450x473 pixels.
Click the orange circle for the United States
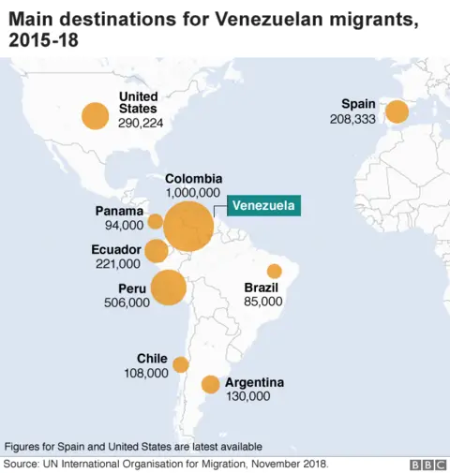[x=95, y=115]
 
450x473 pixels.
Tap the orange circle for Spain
[x=397, y=111]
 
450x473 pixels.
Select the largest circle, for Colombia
[x=187, y=226]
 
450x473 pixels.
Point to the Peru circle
[x=168, y=288]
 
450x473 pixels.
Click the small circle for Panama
[x=155, y=221]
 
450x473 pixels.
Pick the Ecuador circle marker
[x=157, y=250]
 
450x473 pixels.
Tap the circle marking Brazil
[x=274, y=271]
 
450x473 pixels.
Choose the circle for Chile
[x=180, y=364]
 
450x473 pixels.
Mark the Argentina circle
[x=210, y=384]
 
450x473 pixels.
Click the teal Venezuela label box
[x=265, y=206]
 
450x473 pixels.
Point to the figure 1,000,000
[x=194, y=192]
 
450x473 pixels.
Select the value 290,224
[x=141, y=123]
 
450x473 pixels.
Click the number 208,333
[x=352, y=119]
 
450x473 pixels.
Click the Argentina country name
[x=254, y=382]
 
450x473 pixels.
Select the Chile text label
[x=152, y=359]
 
